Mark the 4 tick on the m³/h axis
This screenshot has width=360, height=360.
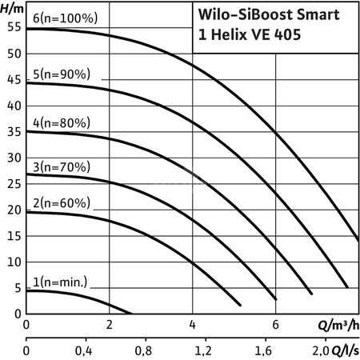tap(192, 326)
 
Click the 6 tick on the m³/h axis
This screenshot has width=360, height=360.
tap(275, 326)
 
